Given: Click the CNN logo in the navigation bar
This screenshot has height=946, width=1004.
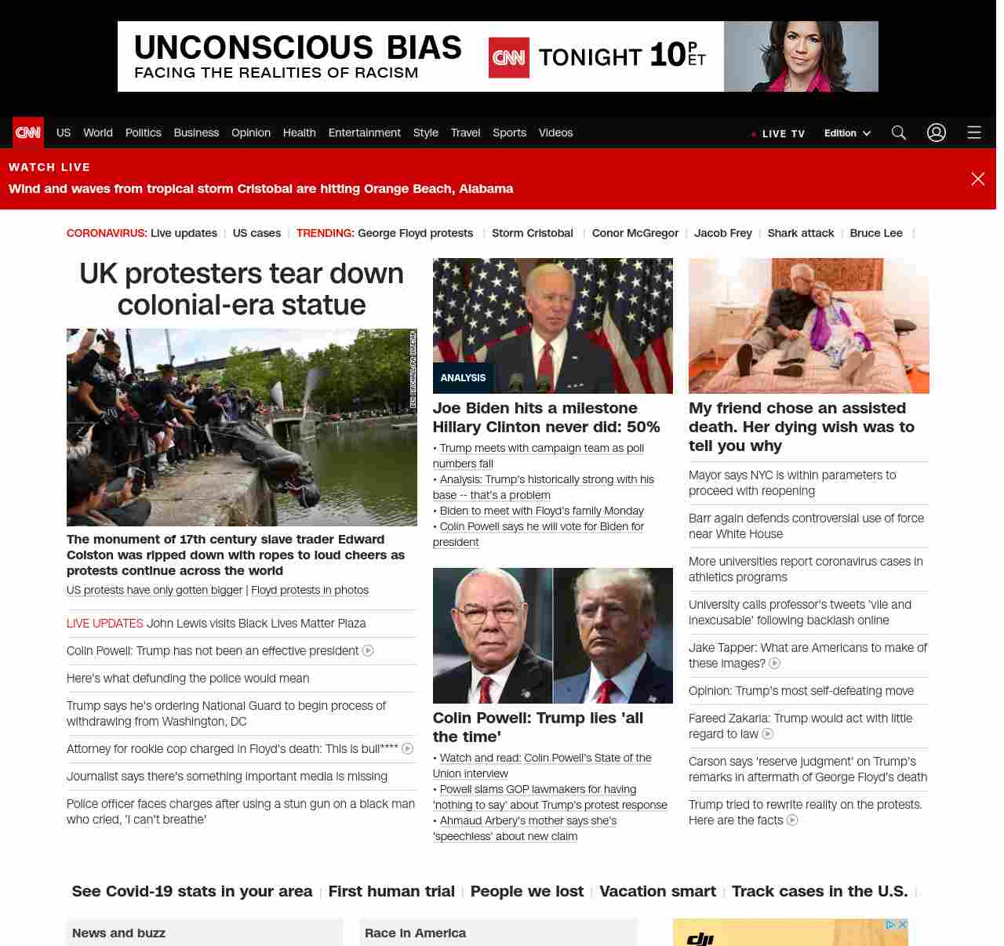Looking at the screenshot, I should [x=28, y=133].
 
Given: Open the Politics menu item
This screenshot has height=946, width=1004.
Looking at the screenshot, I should [x=143, y=133].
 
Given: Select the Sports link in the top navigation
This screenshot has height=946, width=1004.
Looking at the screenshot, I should [x=509, y=133].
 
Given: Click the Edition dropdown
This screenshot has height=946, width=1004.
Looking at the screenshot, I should [x=847, y=133].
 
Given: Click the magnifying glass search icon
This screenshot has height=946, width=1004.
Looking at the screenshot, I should [x=899, y=133].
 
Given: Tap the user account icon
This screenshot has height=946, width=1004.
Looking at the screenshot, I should [x=937, y=133].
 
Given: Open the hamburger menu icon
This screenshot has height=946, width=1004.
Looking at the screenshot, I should [x=974, y=133].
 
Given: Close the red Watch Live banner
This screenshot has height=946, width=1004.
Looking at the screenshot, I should [x=978, y=179].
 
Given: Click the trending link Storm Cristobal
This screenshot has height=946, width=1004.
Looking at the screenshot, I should [x=532, y=233].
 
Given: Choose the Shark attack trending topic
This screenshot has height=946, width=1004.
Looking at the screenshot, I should [x=800, y=233].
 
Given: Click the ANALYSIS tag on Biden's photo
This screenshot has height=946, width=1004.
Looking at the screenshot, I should [x=463, y=378].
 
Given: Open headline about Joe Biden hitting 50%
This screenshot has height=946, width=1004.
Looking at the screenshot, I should [x=546, y=417].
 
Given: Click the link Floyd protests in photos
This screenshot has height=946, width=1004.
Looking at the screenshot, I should [x=310, y=590].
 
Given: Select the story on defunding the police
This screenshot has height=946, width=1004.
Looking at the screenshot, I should [x=187, y=679].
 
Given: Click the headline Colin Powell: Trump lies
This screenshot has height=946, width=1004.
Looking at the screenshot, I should [x=538, y=727].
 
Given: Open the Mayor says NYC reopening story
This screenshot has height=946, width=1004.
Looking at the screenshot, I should [x=792, y=482].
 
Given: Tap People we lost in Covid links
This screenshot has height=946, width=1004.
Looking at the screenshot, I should [x=527, y=891].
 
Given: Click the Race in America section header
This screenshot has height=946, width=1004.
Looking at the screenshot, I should [x=415, y=933].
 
